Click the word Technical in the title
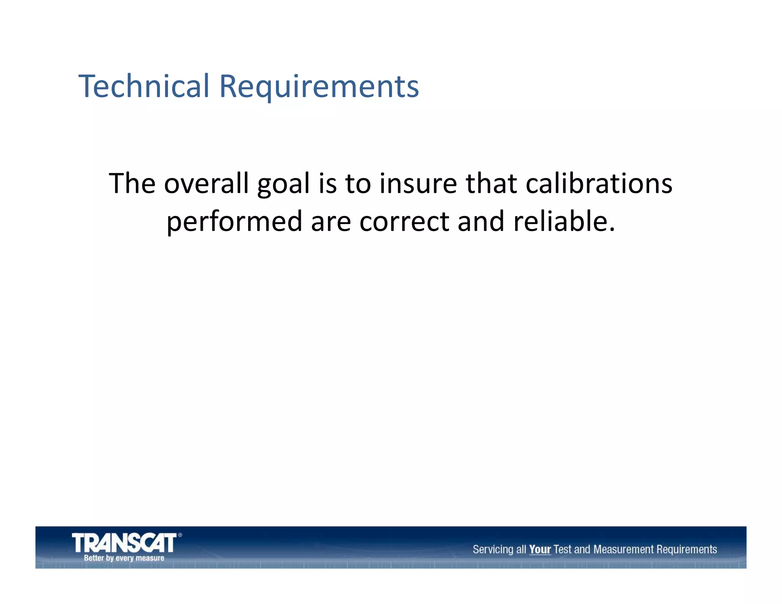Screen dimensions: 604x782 coord(144,86)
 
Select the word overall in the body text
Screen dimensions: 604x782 coord(206,184)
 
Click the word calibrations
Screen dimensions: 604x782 coord(599,184)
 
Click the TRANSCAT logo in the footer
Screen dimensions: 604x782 coord(124,543)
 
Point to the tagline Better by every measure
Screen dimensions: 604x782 coord(124,558)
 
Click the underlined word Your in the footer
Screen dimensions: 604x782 coord(540,549)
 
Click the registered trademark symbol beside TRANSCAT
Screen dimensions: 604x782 coord(180,535)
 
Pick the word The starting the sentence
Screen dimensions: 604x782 coord(132,184)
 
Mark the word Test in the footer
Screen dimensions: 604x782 coord(562,549)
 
